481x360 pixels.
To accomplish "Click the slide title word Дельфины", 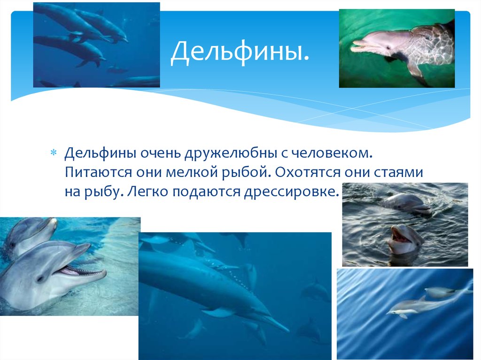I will click(x=240, y=52).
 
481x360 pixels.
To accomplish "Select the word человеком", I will click(x=332, y=153).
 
